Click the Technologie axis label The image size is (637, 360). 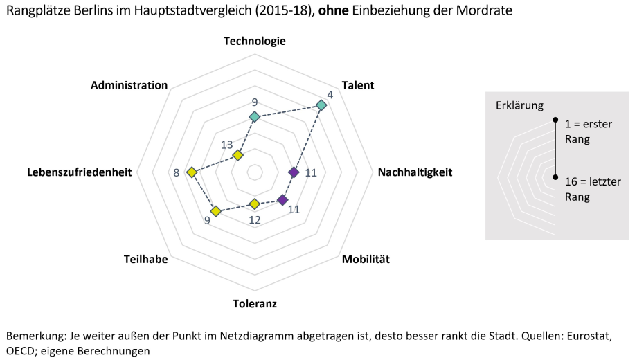click(254, 41)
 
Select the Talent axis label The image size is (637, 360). click(357, 85)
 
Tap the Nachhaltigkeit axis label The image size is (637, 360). click(415, 172)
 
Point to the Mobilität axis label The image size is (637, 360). click(366, 260)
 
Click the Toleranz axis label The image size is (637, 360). click(254, 303)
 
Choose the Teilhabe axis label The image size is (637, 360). click(145, 260)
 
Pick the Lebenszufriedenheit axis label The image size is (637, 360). click(80, 172)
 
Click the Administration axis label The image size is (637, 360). click(129, 85)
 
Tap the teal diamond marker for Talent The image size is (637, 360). click(321, 105)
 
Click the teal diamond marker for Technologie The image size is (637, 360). click(254, 117)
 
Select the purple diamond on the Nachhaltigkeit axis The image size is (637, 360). click(294, 172)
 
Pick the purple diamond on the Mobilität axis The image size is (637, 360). click(282, 200)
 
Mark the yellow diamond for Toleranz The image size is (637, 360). click(254, 204)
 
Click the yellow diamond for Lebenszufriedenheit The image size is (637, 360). click(192, 172)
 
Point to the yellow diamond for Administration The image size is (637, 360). click(238, 155)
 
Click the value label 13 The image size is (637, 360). click(227, 145)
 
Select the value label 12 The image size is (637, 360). click(255, 220)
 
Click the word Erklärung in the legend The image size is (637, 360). click(519, 106)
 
